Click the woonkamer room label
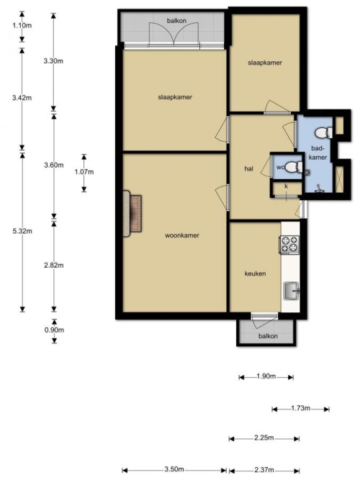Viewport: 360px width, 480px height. [182, 235]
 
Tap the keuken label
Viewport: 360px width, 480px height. [255, 273]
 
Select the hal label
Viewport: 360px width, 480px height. [249, 168]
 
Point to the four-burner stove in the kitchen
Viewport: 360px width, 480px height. [289, 245]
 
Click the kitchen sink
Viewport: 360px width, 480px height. [292, 291]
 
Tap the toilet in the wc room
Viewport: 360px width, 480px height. [294, 167]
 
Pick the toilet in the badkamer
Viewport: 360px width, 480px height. [323, 133]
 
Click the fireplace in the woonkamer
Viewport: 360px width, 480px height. [132, 214]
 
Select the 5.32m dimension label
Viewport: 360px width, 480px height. [22, 231]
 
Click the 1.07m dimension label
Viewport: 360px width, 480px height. [84, 172]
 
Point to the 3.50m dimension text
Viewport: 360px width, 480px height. [174, 469]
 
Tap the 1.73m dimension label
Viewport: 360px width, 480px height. [300, 408]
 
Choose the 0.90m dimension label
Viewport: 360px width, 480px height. [54, 330]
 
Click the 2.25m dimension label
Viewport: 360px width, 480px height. [264, 438]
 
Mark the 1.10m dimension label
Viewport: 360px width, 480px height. [22, 25]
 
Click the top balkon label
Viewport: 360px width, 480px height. [176, 21]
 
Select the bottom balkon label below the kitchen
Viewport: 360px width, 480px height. [268, 336]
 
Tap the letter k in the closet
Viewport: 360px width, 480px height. [287, 186]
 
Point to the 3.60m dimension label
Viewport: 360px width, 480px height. [53, 166]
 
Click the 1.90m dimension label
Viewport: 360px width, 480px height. [266, 376]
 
